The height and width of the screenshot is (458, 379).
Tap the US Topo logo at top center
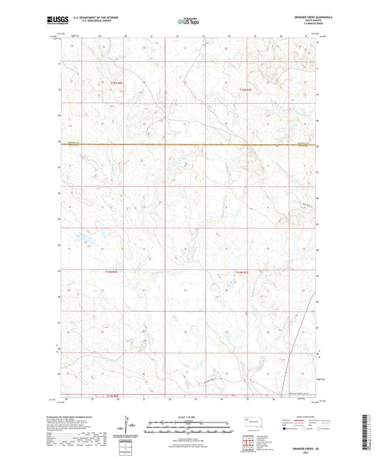tap(188, 21)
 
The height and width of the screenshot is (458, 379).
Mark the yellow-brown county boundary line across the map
tap(188, 145)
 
